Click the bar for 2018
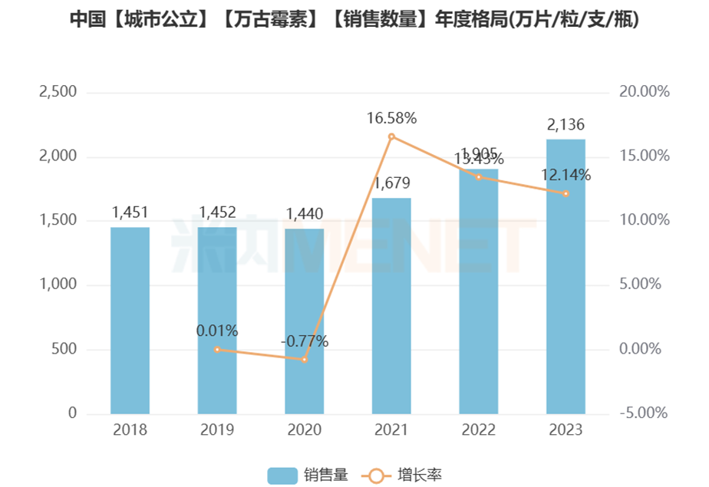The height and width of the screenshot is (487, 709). tap(130, 321)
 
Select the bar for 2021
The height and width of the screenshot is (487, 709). tap(391, 306)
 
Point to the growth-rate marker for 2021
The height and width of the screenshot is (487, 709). tap(391, 137)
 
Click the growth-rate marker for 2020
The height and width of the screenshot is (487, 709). tap(305, 359)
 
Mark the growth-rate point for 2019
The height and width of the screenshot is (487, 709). tap(217, 349)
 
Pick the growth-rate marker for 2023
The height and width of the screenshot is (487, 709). tap(566, 193)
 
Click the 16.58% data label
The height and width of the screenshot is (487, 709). tap(391, 118)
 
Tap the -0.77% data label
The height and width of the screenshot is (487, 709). tap(304, 341)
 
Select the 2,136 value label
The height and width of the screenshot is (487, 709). tap(566, 124)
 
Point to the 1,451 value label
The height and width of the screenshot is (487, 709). tap(130, 212)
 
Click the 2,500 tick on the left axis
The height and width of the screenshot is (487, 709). tap(58, 92)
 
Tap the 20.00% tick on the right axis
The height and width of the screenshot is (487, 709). tap(645, 92)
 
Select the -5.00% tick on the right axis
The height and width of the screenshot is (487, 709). tap(645, 413)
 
